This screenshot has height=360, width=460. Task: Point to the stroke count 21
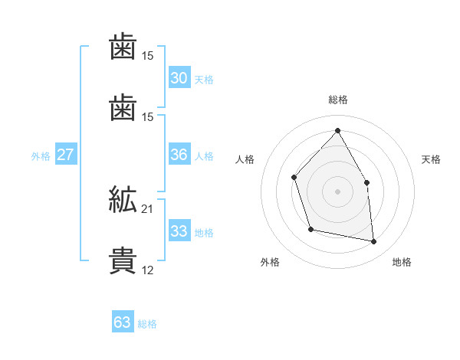click(x=148, y=209)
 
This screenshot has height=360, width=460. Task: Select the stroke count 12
click(x=148, y=270)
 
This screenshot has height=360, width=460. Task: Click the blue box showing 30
click(x=179, y=78)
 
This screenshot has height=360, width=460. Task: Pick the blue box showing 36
click(x=179, y=155)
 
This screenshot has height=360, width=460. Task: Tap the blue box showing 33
click(x=179, y=231)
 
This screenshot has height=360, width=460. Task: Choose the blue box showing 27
click(x=65, y=155)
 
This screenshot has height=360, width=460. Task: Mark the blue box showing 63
click(x=123, y=322)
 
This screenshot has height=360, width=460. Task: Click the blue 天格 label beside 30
click(x=204, y=80)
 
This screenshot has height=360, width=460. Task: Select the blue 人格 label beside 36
click(x=204, y=156)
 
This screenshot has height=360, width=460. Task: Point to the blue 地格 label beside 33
click(x=204, y=233)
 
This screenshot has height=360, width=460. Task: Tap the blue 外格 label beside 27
click(x=41, y=156)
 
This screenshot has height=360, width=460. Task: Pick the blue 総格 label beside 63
click(x=148, y=324)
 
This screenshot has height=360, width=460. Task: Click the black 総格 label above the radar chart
click(x=337, y=100)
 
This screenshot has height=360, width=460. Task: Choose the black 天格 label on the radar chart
click(x=431, y=159)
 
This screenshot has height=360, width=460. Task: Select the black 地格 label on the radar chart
click(x=402, y=262)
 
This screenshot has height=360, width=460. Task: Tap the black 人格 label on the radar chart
click(x=245, y=159)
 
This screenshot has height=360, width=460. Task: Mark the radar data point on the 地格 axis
click(x=373, y=242)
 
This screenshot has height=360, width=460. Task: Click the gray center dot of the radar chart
click(x=337, y=191)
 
